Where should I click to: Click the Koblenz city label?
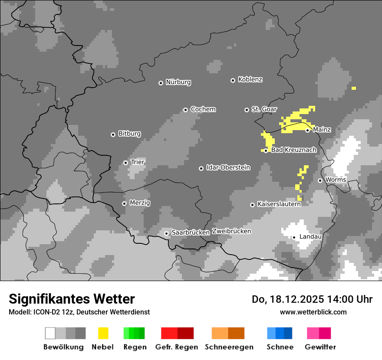click(x=250, y=79)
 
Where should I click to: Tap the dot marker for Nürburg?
click(x=161, y=83)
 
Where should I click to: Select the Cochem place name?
click(x=203, y=109)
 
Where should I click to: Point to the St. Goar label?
click(x=264, y=109)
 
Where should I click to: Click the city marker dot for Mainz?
click(x=307, y=130)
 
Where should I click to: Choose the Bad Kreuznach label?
click(x=293, y=150)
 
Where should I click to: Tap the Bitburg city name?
click(x=129, y=134)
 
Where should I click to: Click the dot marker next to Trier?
click(x=125, y=163)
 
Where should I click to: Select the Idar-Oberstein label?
click(x=228, y=167)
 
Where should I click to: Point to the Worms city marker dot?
click(x=320, y=180)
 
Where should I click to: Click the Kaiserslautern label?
click(x=279, y=204)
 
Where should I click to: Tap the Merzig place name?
click(x=140, y=203)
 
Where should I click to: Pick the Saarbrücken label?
click(x=191, y=232)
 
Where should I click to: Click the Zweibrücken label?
click(x=231, y=231)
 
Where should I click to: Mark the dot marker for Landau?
click(x=294, y=237)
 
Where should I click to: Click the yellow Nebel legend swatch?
click(x=103, y=333)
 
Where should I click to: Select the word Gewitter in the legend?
click(x=320, y=347)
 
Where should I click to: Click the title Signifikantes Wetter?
click(x=72, y=299)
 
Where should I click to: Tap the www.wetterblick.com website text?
click(x=313, y=312)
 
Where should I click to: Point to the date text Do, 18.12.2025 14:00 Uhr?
click(x=312, y=299)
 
